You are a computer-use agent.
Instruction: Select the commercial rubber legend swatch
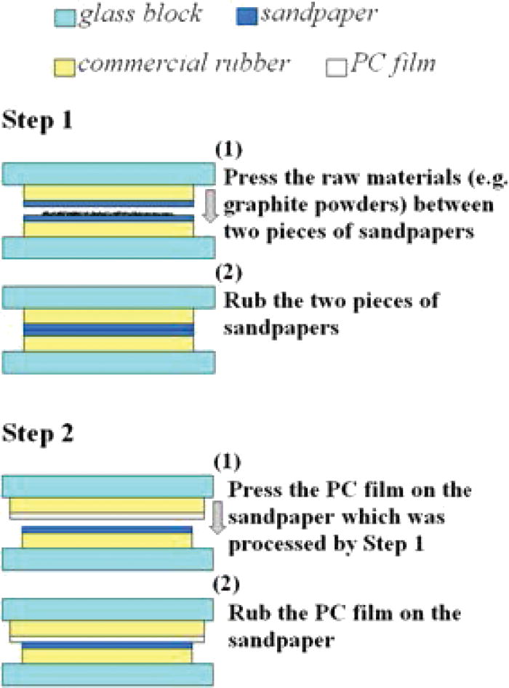pyautogui.click(x=66, y=68)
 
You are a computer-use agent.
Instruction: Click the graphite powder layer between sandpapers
pyautogui.click(x=109, y=213)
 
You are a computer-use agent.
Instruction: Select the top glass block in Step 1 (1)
pyautogui.click(x=109, y=174)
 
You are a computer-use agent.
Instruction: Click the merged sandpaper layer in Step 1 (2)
pyautogui.click(x=109, y=329)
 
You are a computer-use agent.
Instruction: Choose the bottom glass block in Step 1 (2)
pyautogui.click(x=109, y=362)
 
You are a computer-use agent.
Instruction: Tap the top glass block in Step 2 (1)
pyautogui.click(x=109, y=485)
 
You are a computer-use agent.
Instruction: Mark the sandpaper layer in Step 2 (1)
pyautogui.click(x=108, y=529)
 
